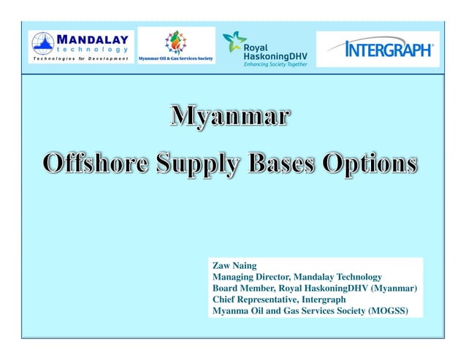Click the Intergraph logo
(378, 50)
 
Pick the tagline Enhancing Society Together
(276, 64)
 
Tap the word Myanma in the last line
(230, 311)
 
